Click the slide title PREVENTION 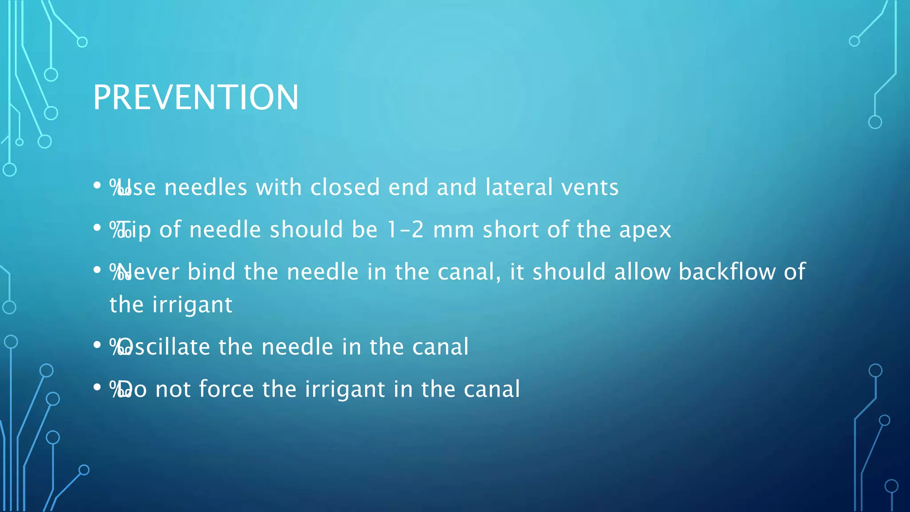pyautogui.click(x=196, y=97)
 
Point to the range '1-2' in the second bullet pyautogui.click(x=405, y=230)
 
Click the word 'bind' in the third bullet pyautogui.click(x=211, y=272)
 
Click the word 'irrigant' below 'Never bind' pyautogui.click(x=192, y=305)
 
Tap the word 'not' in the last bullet pyautogui.click(x=173, y=390)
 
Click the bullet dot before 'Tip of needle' pyautogui.click(x=97, y=228)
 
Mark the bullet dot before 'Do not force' pyautogui.click(x=97, y=387)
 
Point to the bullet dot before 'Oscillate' pyautogui.click(x=97, y=345)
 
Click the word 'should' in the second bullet pyautogui.click(x=306, y=229)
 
